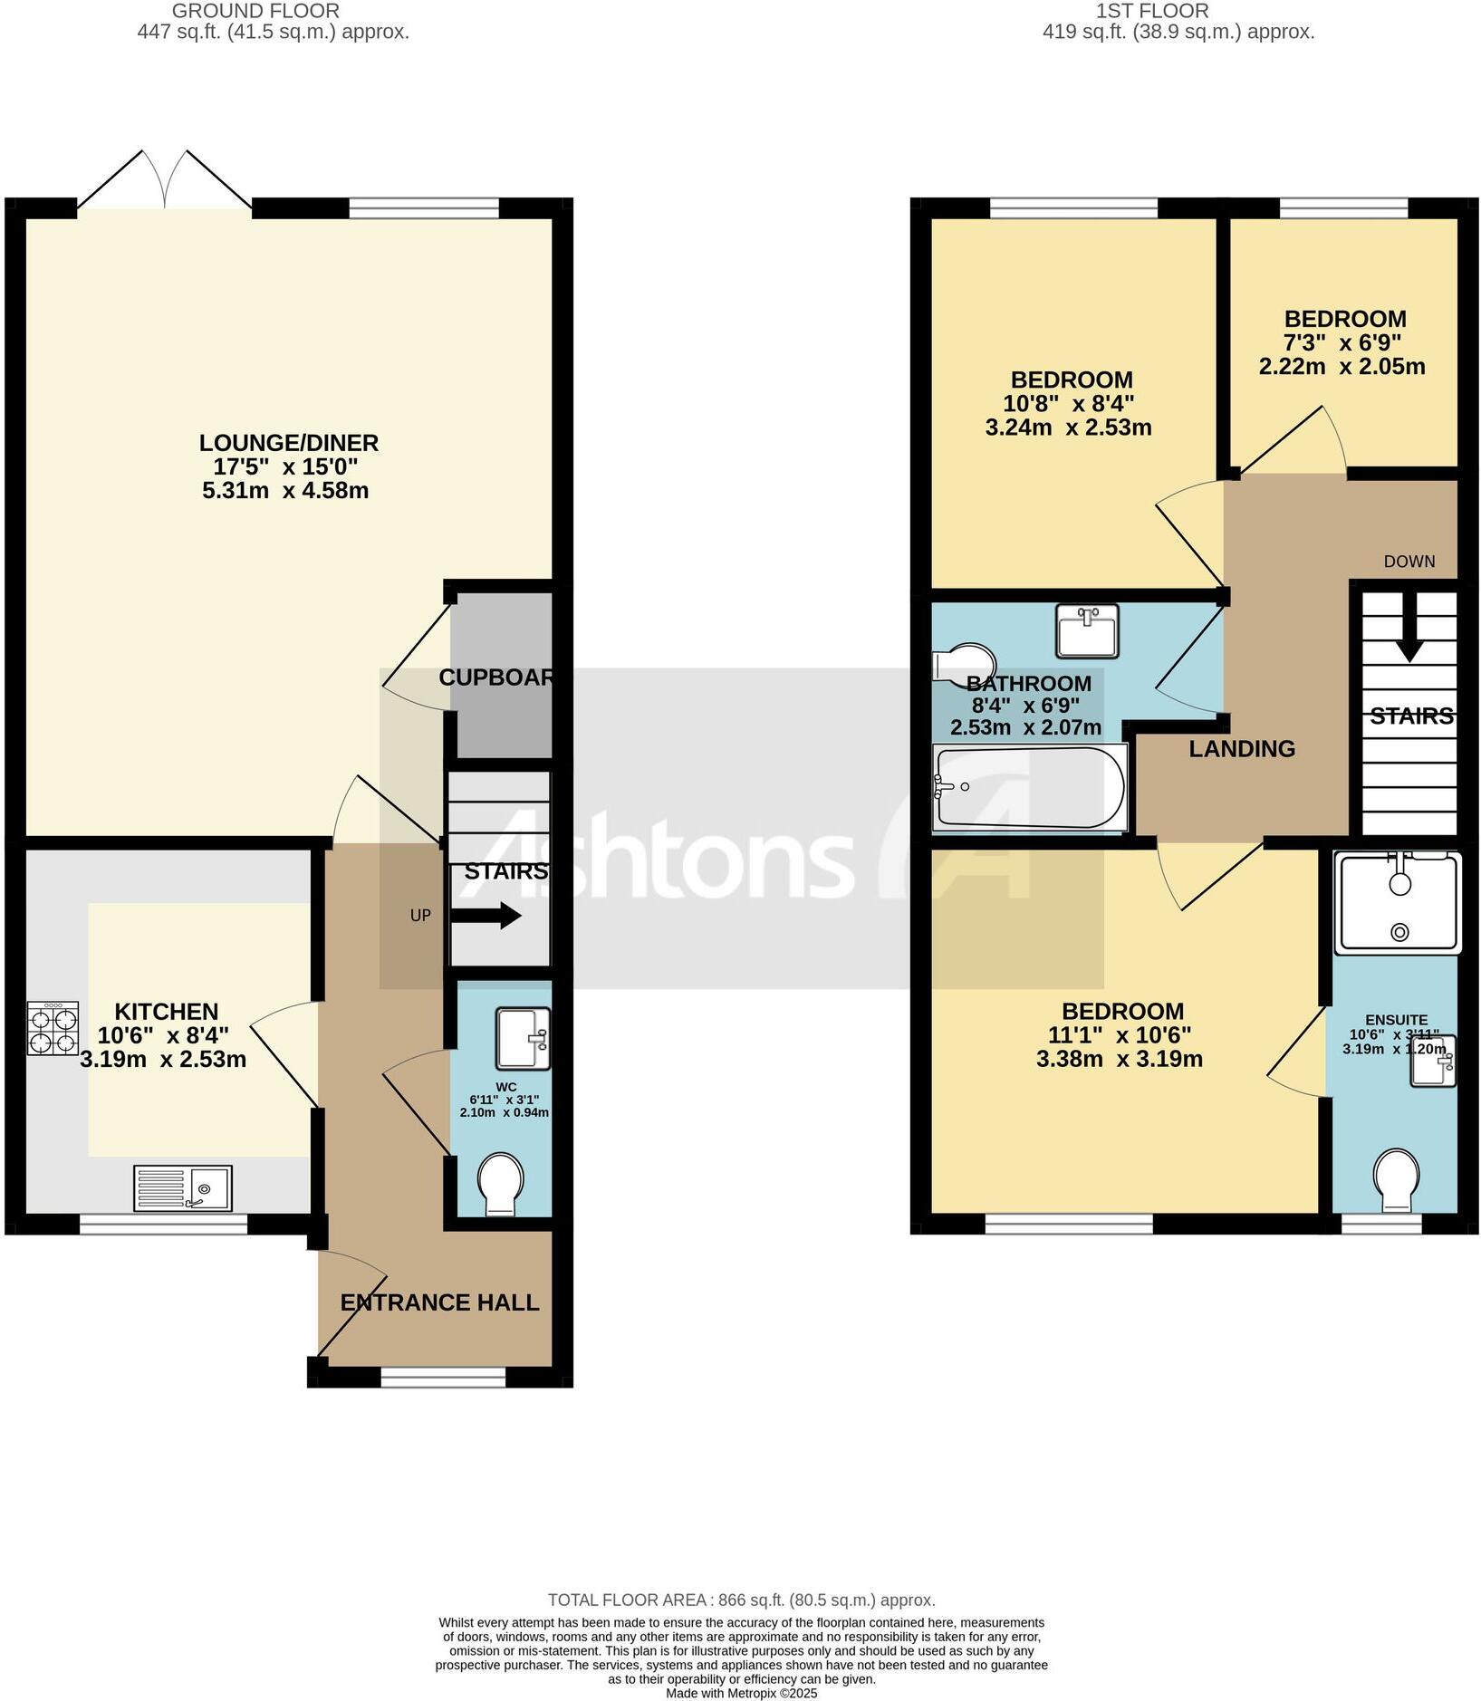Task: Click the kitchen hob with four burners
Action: point(53,1028)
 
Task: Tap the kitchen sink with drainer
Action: point(183,1187)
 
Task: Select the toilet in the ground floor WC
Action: point(501,1183)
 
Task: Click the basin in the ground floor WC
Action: point(523,1038)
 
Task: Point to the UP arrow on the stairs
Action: point(486,916)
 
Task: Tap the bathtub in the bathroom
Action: point(1030,787)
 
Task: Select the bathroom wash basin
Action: point(1087,630)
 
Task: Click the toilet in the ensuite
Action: point(1396,1180)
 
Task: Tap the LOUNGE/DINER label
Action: point(289,443)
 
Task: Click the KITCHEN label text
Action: point(167,1011)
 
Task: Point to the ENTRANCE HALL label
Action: point(439,1302)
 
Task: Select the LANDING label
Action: point(1242,748)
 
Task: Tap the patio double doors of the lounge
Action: point(164,181)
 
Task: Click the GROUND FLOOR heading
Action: point(255,11)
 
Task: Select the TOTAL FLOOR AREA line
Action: point(741,1600)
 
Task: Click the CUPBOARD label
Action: point(496,677)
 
